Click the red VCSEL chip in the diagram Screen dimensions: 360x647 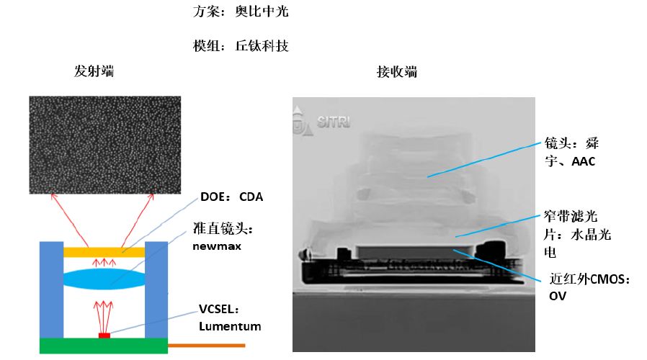[104, 336]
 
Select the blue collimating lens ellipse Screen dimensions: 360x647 [104, 279]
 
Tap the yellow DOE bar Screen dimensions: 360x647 [104, 252]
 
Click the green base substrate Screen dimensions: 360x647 [104, 346]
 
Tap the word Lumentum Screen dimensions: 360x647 [229, 326]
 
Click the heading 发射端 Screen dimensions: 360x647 [94, 72]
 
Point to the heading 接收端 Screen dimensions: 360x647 [396, 72]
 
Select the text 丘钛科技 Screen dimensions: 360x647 [262, 46]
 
